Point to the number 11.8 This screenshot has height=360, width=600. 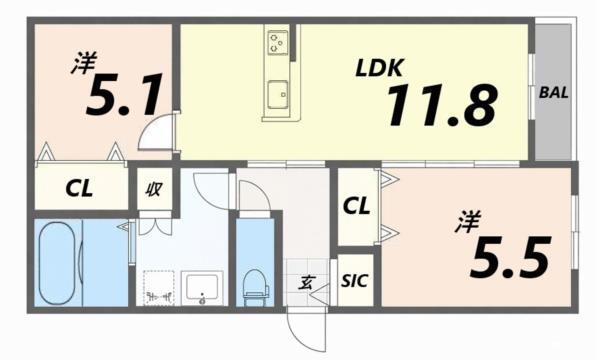tap(440, 105)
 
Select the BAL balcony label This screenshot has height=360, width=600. tap(554, 93)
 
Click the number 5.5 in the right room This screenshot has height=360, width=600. tap(510, 258)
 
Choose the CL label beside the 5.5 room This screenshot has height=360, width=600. tap(357, 207)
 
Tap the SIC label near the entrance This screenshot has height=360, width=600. tap(354, 281)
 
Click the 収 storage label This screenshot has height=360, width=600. tap(155, 187)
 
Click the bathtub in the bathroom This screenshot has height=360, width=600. tap(59, 262)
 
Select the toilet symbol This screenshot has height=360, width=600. tap(255, 281)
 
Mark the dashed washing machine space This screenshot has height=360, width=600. tap(156, 288)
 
